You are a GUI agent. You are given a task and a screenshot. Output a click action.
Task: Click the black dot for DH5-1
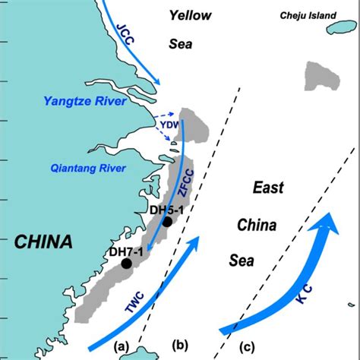[167, 222]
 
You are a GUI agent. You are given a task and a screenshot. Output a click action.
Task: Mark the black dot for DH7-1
[126, 264]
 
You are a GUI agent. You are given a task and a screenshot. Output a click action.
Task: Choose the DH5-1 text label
[165, 210]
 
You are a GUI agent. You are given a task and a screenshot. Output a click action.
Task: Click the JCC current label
[125, 37]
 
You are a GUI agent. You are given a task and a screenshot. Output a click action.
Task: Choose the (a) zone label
[121, 346]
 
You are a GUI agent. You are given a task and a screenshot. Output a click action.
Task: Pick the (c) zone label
[248, 347]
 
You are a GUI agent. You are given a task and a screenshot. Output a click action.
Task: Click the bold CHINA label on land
[43, 242]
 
